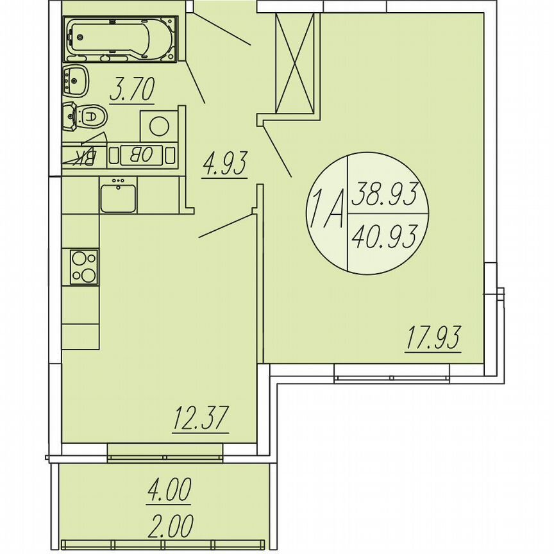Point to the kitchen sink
coord(117,196)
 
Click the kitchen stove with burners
coord(84,267)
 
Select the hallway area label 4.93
coord(224,164)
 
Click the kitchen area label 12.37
coord(201,420)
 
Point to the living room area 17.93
coord(433,339)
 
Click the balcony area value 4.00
coord(169,492)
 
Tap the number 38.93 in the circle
coord(387,193)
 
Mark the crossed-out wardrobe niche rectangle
coord(295,63)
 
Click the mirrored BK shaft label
coord(84,156)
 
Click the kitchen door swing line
coord(228,226)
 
